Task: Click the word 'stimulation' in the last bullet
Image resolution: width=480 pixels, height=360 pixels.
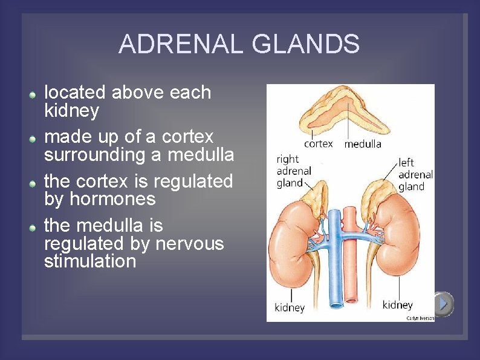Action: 90,261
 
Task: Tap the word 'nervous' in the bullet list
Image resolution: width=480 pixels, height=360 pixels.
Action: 189,243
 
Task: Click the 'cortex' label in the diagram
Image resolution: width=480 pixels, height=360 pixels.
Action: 318,144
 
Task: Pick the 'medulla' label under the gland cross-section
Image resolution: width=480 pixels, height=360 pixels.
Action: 363,144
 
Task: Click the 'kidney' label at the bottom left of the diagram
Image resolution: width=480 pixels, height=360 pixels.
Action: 290,307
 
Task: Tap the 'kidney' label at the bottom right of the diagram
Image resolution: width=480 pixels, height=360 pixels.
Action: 397,304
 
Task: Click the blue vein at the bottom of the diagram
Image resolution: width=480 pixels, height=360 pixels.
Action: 334,290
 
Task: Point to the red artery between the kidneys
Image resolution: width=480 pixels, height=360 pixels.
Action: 351,272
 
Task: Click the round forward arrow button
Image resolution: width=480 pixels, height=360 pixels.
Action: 443,304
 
